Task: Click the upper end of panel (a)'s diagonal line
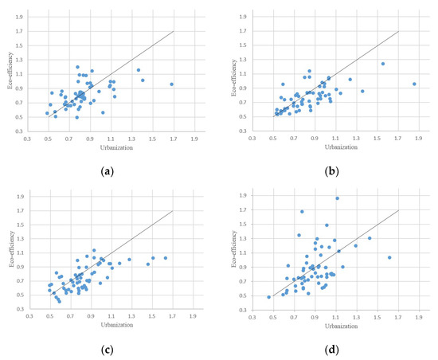[x=173, y=32]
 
